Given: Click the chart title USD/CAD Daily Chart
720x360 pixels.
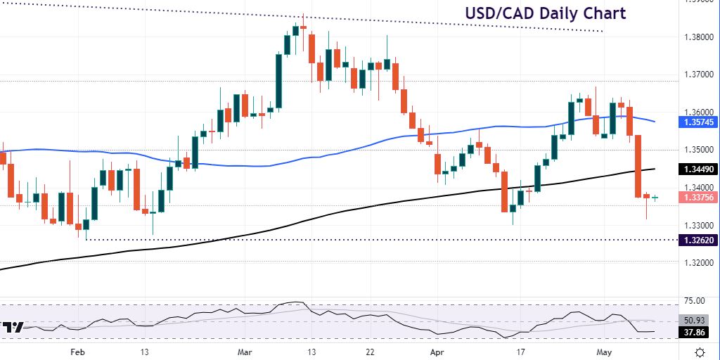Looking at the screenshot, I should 545,13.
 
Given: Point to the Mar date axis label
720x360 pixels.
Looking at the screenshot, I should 245,351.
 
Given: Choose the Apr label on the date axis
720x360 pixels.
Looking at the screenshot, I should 435,351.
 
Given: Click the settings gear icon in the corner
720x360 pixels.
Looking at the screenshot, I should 700,351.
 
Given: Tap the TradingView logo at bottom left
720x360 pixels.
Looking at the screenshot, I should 12,327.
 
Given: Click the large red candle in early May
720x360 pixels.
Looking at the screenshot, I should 639,166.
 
